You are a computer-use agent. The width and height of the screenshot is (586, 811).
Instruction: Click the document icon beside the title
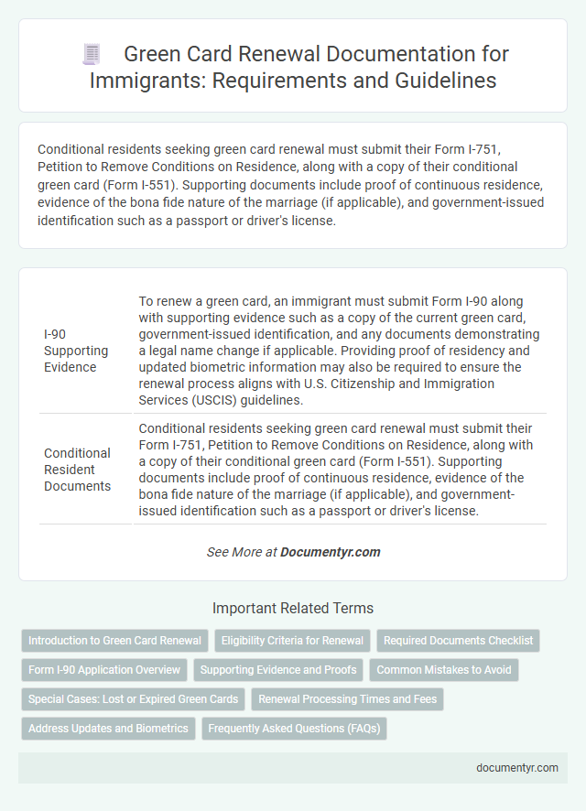92,54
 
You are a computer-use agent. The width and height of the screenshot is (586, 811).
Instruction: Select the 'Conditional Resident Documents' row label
77,469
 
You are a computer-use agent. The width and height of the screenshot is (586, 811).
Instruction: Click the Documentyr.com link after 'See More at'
330,552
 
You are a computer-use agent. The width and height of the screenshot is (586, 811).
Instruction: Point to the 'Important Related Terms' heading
292,608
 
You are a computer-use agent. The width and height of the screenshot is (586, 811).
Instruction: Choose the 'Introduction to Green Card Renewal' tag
114,641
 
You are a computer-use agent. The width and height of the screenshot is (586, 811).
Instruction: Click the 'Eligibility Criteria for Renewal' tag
292,641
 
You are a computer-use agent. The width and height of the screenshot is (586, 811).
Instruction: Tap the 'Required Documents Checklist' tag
458,641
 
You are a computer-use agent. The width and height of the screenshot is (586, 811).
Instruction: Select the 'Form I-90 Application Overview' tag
105,670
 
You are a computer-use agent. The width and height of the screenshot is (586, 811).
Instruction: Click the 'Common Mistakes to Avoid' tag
444,670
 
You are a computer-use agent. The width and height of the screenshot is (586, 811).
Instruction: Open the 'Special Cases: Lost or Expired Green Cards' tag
133,700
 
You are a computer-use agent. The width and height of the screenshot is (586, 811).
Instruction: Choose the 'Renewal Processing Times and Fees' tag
348,700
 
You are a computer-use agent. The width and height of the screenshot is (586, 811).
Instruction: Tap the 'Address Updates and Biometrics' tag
108,730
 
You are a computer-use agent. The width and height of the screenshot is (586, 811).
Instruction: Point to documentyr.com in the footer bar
517,768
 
